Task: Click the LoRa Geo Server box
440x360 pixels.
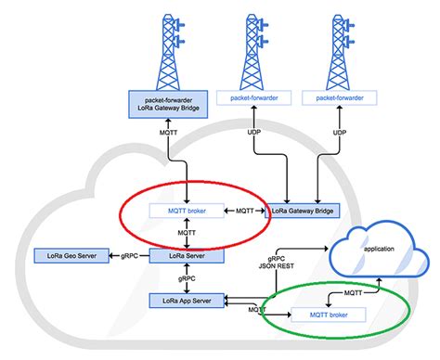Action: [65, 254]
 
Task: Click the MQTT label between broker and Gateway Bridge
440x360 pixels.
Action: [244, 211]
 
